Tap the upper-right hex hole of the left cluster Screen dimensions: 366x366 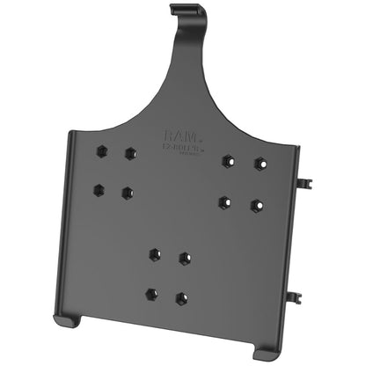[130, 153]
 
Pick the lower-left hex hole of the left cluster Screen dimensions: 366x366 [99, 188]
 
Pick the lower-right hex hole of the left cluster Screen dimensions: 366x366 [127, 192]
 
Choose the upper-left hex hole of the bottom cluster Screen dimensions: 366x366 [155, 253]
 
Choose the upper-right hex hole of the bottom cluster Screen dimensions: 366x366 [184, 258]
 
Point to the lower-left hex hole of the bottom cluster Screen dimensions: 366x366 [151, 293]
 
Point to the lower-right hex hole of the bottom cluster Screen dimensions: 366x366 [180, 297]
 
